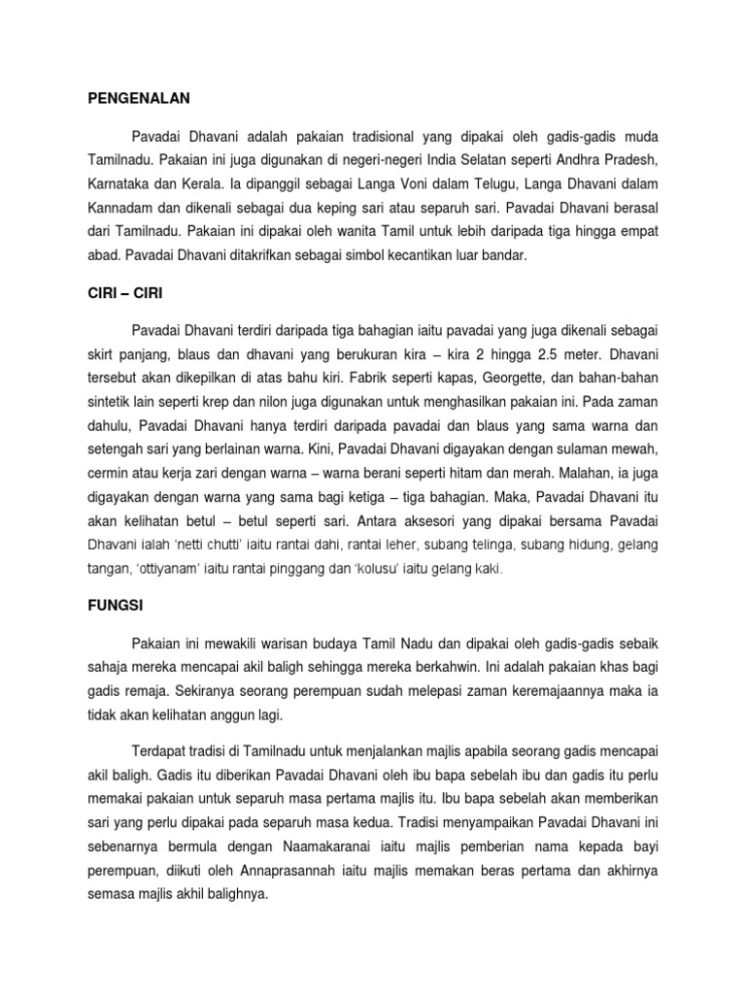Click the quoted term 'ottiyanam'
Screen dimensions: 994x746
(x=159, y=569)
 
